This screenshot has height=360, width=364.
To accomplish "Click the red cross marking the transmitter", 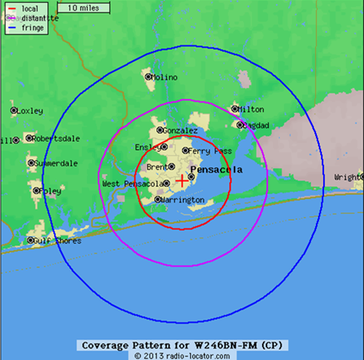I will (182, 180).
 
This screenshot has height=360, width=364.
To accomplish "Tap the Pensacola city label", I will (216, 170).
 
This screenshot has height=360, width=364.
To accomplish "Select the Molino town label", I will (163, 77).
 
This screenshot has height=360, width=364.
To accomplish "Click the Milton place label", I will (251, 110).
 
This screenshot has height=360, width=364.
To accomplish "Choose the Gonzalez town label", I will (180, 131).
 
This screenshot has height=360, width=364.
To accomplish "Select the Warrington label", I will (183, 200).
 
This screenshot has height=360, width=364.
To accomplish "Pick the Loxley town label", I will (30, 111).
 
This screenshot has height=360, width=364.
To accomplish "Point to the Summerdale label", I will (56, 164).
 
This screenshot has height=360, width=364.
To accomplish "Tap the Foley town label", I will (50, 191).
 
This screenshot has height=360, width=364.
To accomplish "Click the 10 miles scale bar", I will (83, 8).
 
